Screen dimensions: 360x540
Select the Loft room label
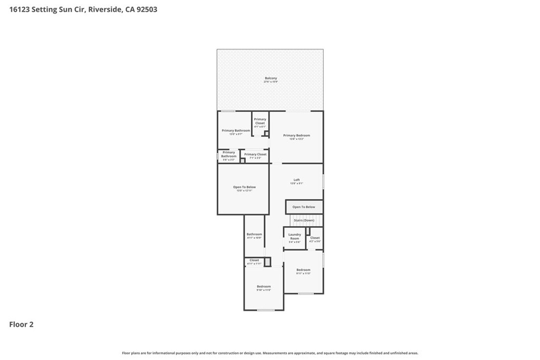tap(296, 181)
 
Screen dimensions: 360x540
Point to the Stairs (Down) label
tap(304, 220)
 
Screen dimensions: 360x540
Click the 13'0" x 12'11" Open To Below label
tap(244, 188)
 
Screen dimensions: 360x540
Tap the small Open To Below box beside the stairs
tap(304, 207)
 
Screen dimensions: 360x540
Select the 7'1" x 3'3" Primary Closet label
tap(255, 155)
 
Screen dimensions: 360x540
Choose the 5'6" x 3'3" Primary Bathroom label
tap(229, 155)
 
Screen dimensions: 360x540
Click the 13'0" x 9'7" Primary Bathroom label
tap(235, 132)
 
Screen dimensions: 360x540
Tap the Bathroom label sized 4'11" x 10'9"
tap(254, 236)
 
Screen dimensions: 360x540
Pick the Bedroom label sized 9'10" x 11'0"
tap(264, 288)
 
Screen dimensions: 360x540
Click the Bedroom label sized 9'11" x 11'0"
tap(303, 271)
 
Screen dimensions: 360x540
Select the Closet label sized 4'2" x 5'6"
tap(315, 239)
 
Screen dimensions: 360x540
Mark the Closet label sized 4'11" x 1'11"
tap(254, 261)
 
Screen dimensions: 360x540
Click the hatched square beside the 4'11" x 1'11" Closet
tap(267, 261)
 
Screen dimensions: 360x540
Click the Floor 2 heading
tap(22, 325)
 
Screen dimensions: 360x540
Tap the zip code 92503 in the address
tap(146, 9)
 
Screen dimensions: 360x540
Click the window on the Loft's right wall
tap(323, 181)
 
